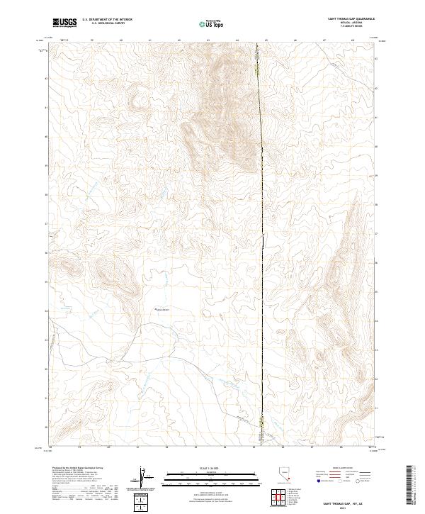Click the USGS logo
[x=64, y=23]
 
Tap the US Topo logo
[x=212, y=24]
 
